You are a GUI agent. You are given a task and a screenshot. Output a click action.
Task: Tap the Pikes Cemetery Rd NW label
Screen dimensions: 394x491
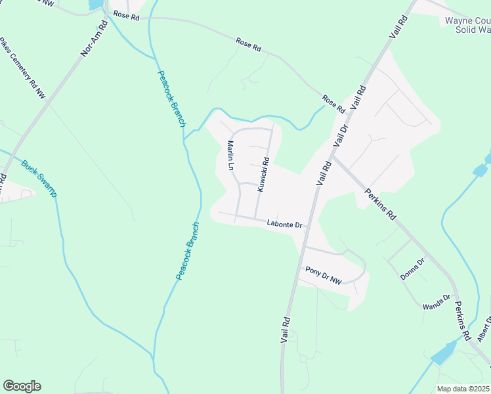coord(22,67)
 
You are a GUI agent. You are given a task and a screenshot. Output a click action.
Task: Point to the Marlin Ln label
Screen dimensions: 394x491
coord(230,156)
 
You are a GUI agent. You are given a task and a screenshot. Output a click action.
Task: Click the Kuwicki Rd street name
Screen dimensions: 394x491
coord(263,174)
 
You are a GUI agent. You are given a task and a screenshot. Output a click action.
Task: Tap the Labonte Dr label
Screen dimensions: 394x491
coord(284,225)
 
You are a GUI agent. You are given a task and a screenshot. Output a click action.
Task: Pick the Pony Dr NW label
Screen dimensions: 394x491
coord(324,275)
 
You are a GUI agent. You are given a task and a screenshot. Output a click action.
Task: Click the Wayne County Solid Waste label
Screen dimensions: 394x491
coord(468,25)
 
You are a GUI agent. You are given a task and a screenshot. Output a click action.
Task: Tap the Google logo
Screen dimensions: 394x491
coord(22,386)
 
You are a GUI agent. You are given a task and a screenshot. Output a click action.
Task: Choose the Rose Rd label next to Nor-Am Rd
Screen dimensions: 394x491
coord(126,16)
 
